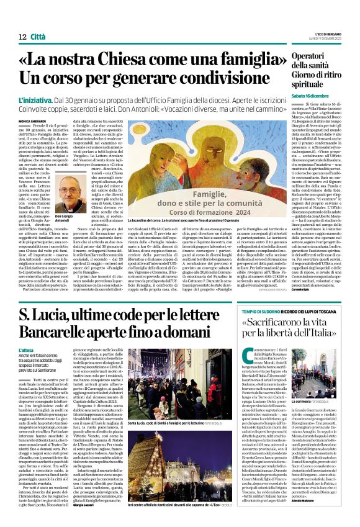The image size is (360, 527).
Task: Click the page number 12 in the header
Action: click(22, 37)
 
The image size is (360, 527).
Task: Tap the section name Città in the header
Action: click(38, 37)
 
